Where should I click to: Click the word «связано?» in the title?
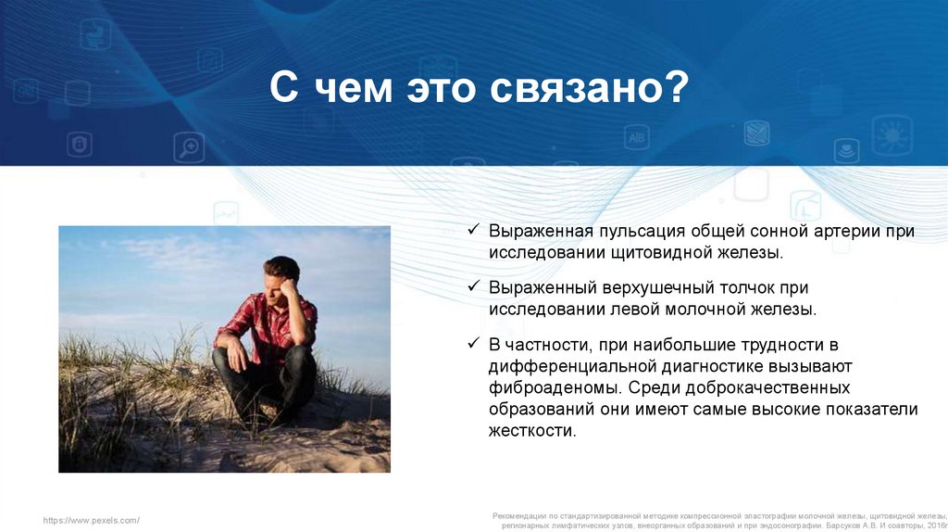(589, 88)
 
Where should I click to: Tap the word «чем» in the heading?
(353, 88)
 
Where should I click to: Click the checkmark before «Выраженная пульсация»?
(473, 229)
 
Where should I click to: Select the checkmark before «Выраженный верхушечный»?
(473, 285)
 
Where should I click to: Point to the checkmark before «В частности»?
(473, 343)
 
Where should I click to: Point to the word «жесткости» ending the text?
(532, 431)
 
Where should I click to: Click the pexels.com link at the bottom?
(92, 520)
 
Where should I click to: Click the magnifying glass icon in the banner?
(189, 147)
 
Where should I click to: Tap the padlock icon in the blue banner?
(80, 144)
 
